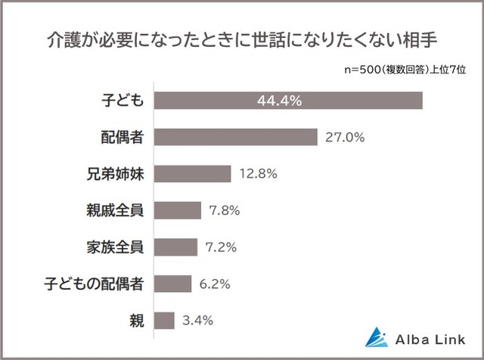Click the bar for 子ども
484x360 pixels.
288,101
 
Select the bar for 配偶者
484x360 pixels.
236,138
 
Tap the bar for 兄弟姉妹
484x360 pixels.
193,174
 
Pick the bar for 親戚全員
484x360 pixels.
178,210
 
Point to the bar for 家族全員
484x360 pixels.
176,247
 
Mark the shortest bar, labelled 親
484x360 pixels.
164,320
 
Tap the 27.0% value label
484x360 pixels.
345,138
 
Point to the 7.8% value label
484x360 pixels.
225,210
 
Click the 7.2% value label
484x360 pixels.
221,247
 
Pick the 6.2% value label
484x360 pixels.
216,284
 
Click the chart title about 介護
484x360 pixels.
241,38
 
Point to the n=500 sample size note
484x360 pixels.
406,70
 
